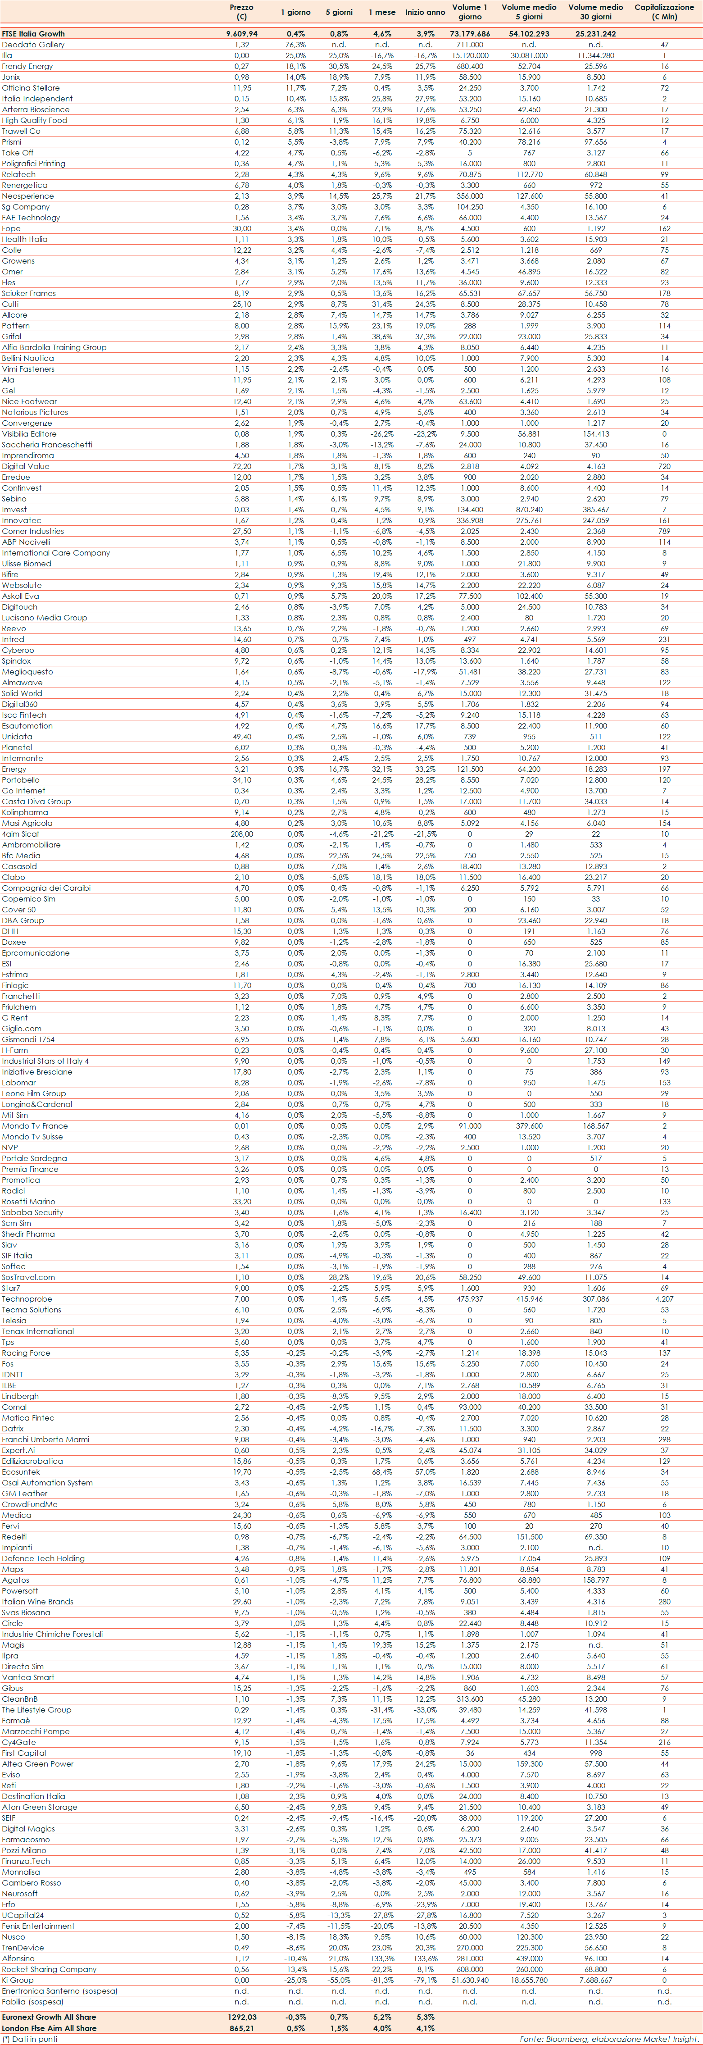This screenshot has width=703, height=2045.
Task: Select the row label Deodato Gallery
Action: tap(33, 45)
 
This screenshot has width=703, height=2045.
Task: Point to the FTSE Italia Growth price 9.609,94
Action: tap(241, 34)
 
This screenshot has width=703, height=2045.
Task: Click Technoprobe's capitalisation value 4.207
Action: tap(664, 1299)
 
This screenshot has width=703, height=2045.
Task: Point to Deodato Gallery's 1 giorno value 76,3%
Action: tap(295, 45)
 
